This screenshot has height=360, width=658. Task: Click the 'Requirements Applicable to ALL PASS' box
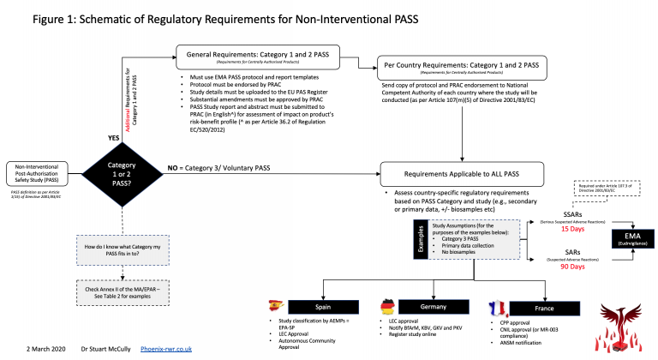click(464, 173)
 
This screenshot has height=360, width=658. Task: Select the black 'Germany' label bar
click(426, 306)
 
